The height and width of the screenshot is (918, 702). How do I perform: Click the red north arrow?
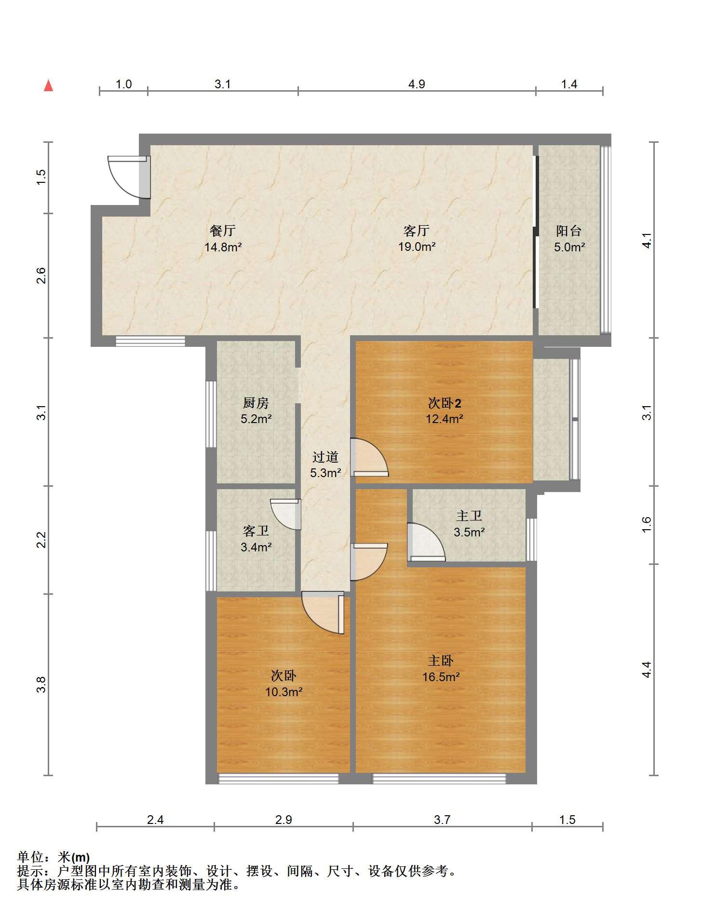click(x=48, y=86)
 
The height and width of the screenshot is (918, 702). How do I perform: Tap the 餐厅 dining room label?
click(x=223, y=231)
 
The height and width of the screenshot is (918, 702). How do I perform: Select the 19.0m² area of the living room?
click(x=417, y=247)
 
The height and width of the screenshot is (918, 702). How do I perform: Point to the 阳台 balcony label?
click(x=569, y=231)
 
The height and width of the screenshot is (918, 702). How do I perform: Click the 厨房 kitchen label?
click(x=256, y=402)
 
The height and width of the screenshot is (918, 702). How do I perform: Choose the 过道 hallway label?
click(x=325, y=456)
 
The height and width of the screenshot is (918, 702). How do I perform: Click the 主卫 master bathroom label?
click(x=469, y=516)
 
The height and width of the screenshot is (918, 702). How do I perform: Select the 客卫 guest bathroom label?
click(x=256, y=531)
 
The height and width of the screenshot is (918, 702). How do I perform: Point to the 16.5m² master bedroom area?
click(x=441, y=677)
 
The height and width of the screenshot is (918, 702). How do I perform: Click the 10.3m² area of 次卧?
click(x=284, y=692)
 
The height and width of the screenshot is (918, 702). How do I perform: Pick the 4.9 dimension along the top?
click(x=417, y=84)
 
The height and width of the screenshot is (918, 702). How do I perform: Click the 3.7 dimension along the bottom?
click(x=442, y=820)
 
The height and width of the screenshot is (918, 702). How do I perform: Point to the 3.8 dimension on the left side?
click(x=41, y=685)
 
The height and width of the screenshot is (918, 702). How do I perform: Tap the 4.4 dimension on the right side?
click(x=647, y=670)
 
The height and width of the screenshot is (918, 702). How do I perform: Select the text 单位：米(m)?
click(x=54, y=857)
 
